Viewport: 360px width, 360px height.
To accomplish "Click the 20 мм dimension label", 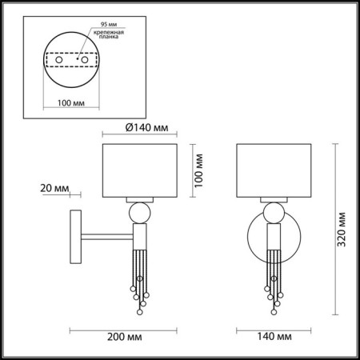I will (x=49, y=188).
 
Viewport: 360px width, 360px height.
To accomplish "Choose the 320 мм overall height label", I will (x=342, y=232).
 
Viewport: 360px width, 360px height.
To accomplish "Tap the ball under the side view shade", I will (x=138, y=213).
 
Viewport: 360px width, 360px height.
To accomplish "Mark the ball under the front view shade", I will (x=271, y=213).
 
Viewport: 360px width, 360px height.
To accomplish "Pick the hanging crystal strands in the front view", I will (x=272, y=280).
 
